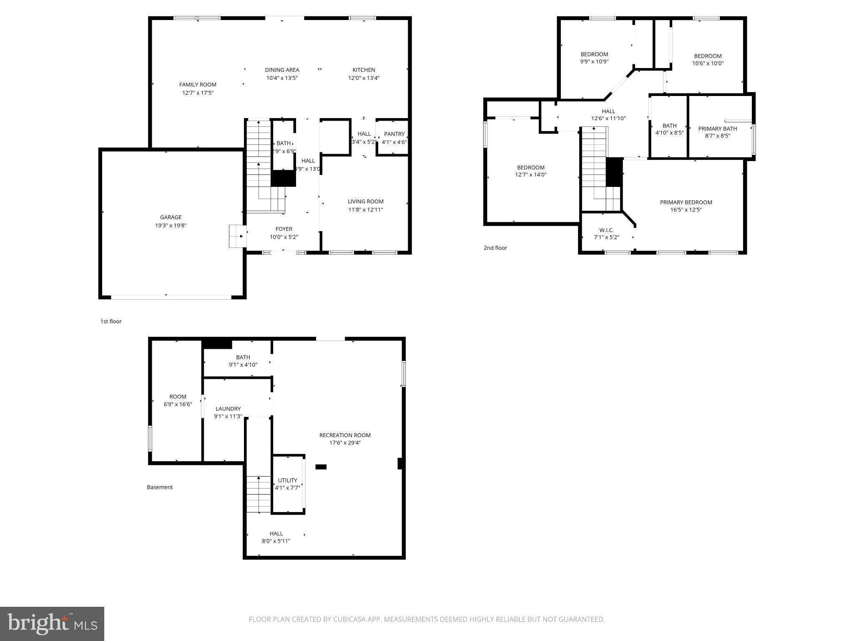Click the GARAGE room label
click(x=171, y=217)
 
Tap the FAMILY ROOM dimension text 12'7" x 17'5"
click(x=198, y=93)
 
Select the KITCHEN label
click(x=364, y=70)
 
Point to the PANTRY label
click(x=394, y=134)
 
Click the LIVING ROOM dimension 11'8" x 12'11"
click(x=365, y=209)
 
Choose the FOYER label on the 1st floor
click(x=284, y=229)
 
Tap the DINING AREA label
click(x=282, y=70)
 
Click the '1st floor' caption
click(x=111, y=321)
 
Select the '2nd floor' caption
click(x=495, y=248)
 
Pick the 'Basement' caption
click(x=159, y=487)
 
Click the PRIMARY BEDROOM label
click(x=686, y=202)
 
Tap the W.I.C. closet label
click(x=606, y=230)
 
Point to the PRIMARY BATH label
click(x=717, y=129)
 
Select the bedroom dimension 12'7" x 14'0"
click(x=530, y=175)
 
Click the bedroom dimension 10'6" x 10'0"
click(x=708, y=63)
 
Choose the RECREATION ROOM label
click(x=344, y=435)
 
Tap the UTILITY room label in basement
click(x=287, y=480)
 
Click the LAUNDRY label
click(x=228, y=409)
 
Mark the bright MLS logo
click(x=52, y=623)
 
